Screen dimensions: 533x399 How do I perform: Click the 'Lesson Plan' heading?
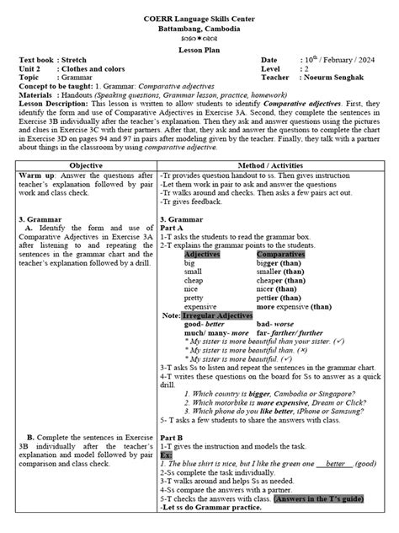[x=199, y=49]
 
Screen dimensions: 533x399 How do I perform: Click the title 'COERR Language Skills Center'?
[x=199, y=9]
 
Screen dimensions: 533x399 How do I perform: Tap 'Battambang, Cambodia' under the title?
[x=199, y=19]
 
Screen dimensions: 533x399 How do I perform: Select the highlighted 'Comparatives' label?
[x=281, y=254]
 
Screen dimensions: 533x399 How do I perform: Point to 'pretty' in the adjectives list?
[x=194, y=297]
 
